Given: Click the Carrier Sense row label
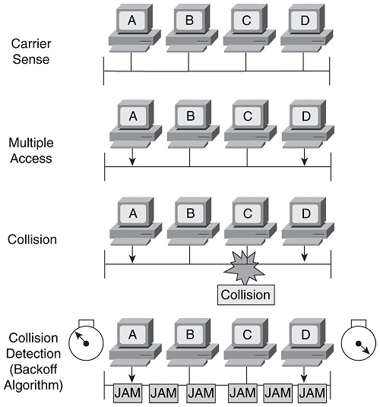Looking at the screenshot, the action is pos(31,52).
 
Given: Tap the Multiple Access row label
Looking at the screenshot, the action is pos(31,150).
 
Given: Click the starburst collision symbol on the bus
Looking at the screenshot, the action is pos(244,267).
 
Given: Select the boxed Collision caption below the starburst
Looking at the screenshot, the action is pos(245,295).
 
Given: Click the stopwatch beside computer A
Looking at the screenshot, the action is pos(86,340).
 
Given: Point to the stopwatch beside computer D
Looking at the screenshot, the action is pos(359,340).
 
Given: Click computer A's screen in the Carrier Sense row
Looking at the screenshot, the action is pos(132,21).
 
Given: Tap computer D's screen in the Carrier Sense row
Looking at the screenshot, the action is pos(305,21).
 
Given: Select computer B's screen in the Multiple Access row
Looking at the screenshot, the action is pos(191,115).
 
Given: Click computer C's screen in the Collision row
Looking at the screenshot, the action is pos(248,213).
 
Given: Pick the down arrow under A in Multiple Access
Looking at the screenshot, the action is pos(132,156).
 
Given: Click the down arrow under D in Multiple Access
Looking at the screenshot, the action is pos(305,156).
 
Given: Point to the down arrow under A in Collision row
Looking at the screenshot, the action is pos(132,254).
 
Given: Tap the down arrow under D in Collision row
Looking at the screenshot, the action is pos(305,254).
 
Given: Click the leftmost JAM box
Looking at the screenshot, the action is pos(128,393).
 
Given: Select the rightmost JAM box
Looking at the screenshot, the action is pos(312,393).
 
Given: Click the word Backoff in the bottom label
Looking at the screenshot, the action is pos(33,369).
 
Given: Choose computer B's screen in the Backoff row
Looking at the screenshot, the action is pos(190,335).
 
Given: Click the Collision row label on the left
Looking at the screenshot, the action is pos(32,239).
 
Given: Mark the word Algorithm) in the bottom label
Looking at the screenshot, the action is pos(33,385).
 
